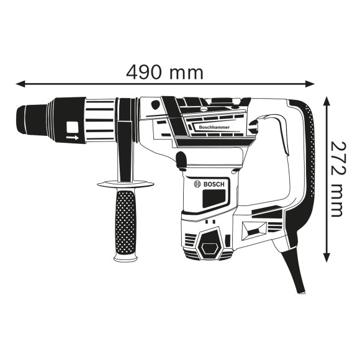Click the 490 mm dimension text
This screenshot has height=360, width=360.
pos(164,72)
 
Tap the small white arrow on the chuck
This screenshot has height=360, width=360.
pos(73,138)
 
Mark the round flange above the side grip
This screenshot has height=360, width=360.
pos(125,183)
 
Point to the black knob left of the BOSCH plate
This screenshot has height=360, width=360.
pos(181,161)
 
